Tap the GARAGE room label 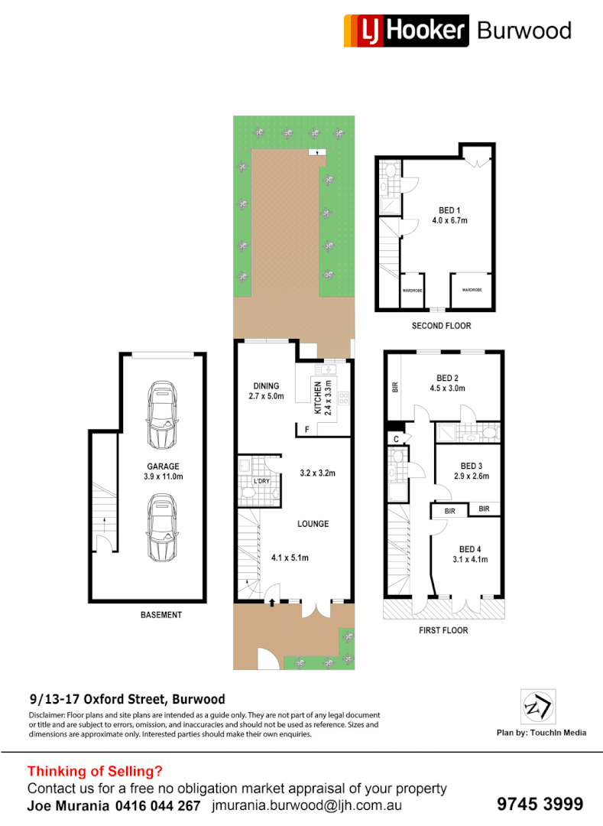click(x=164, y=466)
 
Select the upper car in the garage click(x=162, y=416)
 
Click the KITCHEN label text click(x=318, y=397)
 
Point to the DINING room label click(x=267, y=385)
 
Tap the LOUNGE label click(x=313, y=524)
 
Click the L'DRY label click(x=261, y=480)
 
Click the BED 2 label click(x=447, y=378)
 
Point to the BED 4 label click(x=470, y=549)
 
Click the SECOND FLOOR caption click(x=441, y=326)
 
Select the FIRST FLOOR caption click(x=443, y=630)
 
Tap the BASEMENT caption click(x=161, y=615)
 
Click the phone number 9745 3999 click(x=540, y=804)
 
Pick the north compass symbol click(x=538, y=707)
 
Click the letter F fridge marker click(x=306, y=430)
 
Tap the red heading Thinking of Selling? click(x=95, y=772)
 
